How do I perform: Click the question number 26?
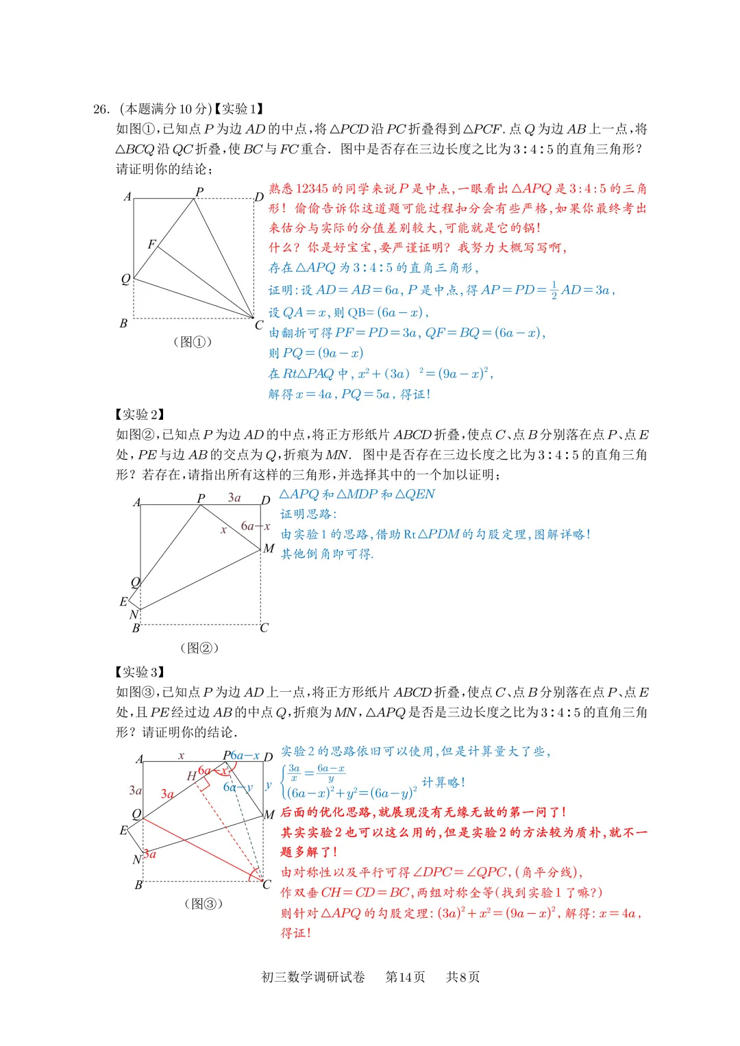(x=101, y=109)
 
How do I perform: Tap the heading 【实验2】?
(x=140, y=414)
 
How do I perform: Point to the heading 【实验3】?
(x=140, y=672)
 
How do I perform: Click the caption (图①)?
(x=193, y=342)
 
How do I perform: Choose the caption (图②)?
(x=199, y=647)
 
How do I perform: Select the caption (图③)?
(x=203, y=904)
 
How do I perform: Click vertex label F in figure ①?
(x=151, y=244)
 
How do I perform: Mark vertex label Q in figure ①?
(x=125, y=279)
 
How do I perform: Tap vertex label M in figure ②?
(x=269, y=549)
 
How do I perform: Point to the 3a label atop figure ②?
(x=234, y=497)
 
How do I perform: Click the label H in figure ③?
(x=191, y=776)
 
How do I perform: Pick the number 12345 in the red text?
(x=312, y=188)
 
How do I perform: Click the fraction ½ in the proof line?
(x=554, y=290)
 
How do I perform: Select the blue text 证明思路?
(x=308, y=514)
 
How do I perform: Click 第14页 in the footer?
(x=405, y=977)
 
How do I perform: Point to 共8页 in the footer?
(x=463, y=977)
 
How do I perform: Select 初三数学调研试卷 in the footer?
(x=313, y=977)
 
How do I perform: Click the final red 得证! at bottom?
(x=296, y=933)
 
